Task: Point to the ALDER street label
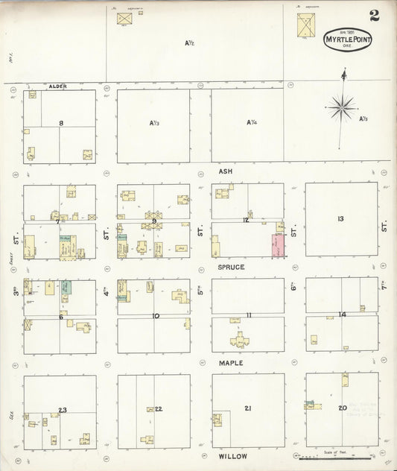57,86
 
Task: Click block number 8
61,123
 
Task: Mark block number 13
340,218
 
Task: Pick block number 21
248,408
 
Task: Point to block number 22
159,408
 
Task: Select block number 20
343,408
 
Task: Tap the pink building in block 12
278,245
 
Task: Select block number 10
156,316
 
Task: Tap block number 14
342,314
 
